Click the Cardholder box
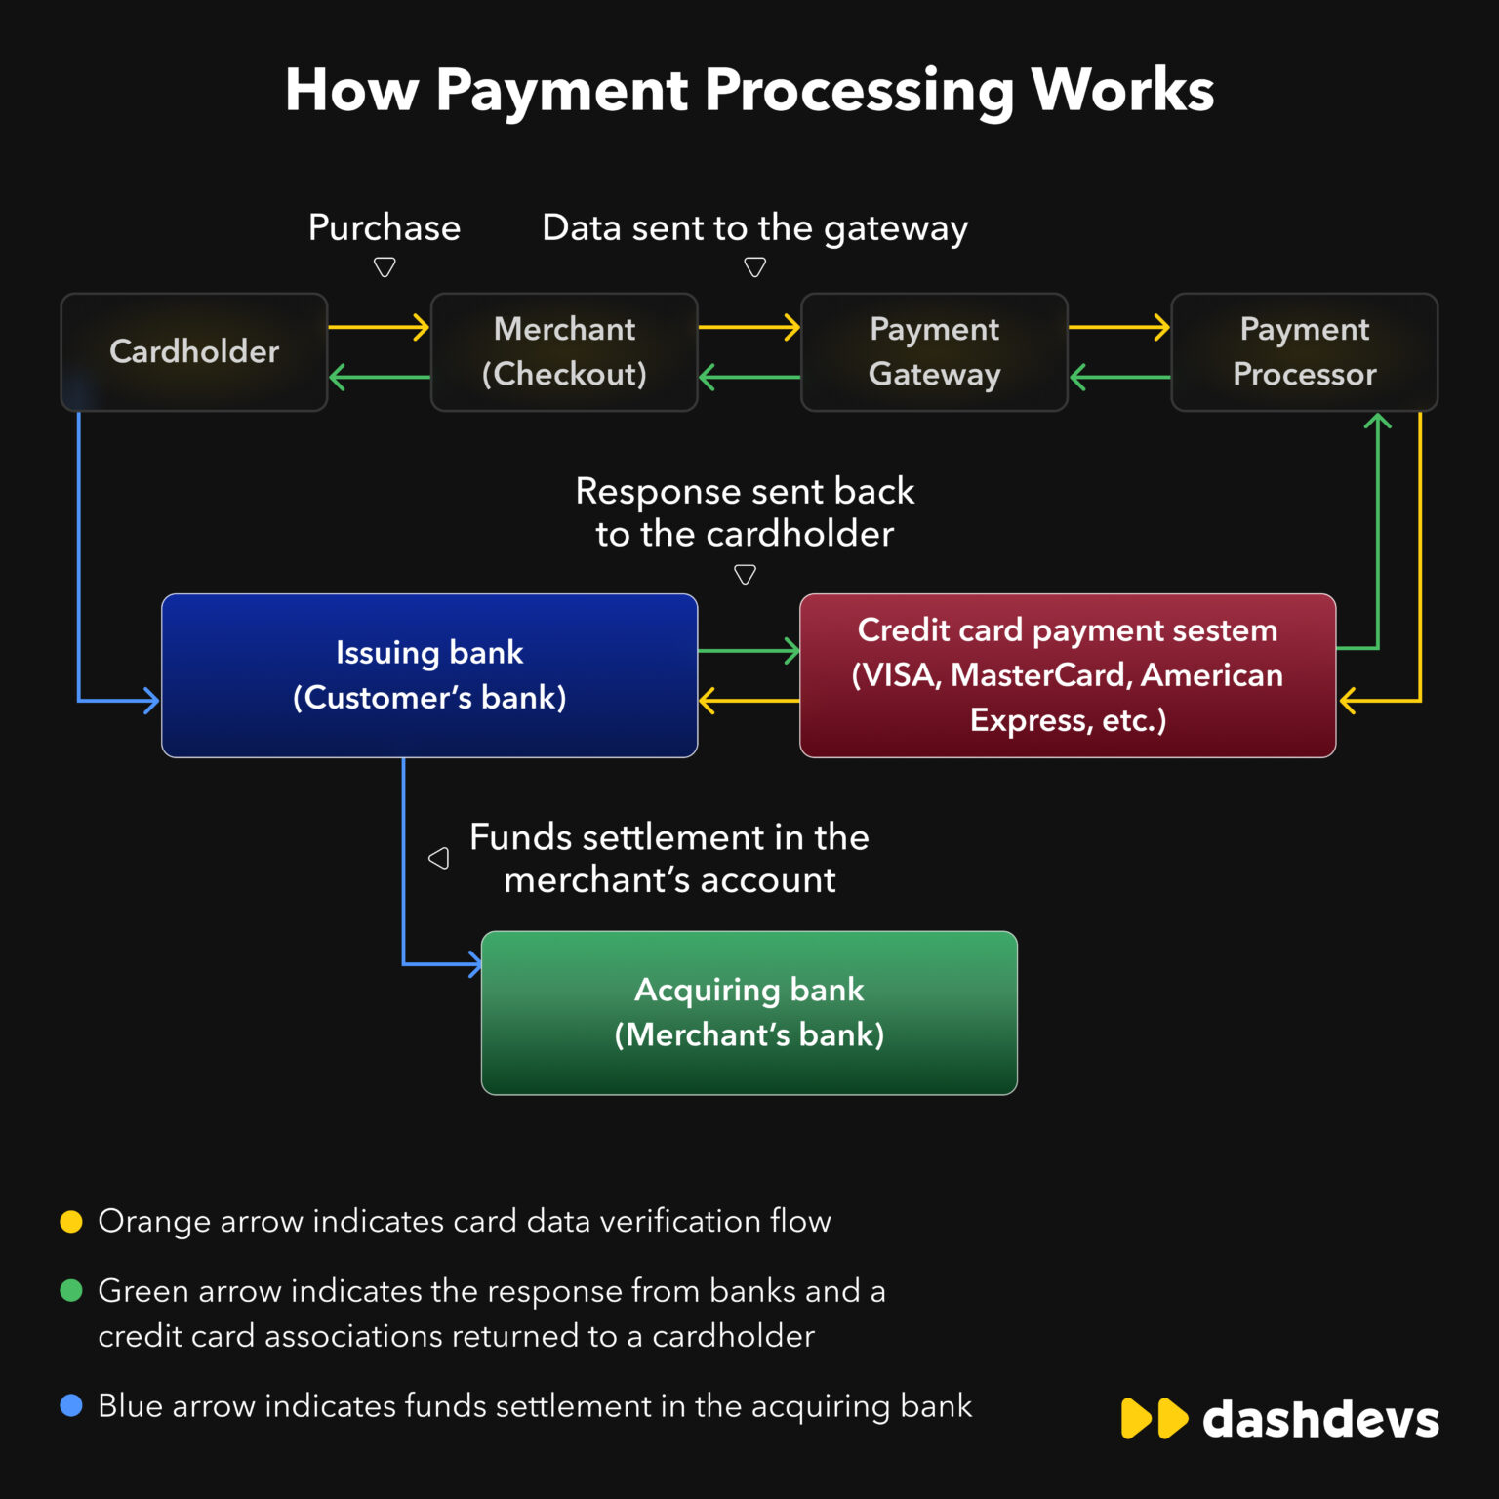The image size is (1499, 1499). [x=194, y=351]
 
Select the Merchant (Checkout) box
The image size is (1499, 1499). [x=564, y=351]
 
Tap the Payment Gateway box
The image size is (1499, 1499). [x=934, y=351]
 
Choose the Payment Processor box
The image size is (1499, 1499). [x=1304, y=351]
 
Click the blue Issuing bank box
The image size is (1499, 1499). [x=429, y=675]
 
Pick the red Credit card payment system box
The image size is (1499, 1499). [x=1068, y=675]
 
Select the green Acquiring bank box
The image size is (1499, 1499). [x=749, y=1013]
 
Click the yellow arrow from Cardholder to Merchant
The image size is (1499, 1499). [x=379, y=327]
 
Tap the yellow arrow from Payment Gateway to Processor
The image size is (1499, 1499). [x=1119, y=327]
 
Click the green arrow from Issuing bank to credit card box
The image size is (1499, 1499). [x=749, y=650]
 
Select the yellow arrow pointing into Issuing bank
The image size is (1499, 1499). [x=749, y=700]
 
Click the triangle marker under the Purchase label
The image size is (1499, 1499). [x=385, y=266]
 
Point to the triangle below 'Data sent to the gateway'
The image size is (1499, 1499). [x=754, y=266]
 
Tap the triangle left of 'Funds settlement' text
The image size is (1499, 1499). [x=439, y=858]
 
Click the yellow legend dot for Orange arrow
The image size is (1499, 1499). [x=71, y=1222]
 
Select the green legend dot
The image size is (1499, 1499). [x=71, y=1291]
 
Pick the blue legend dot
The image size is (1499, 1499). [x=71, y=1405]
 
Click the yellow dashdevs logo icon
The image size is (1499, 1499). [x=1155, y=1419]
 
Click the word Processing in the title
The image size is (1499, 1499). [x=859, y=91]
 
